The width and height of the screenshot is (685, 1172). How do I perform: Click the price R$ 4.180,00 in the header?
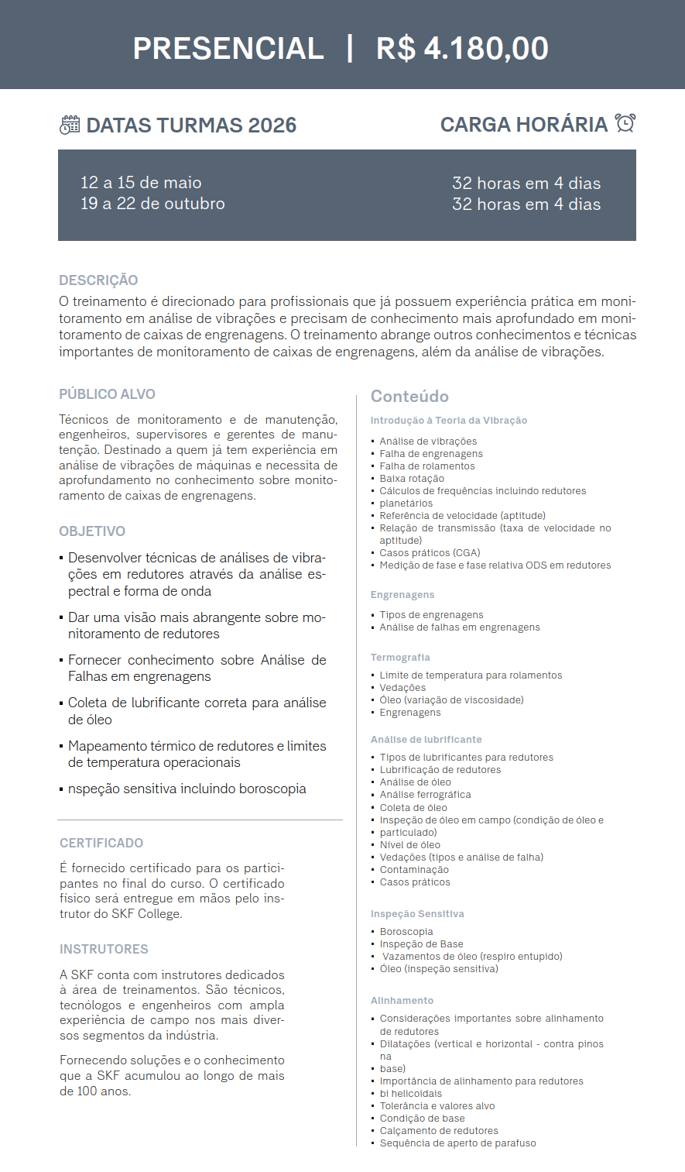pyautogui.click(x=462, y=48)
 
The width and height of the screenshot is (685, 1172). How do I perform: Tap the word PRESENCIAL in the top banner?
pyautogui.click(x=228, y=48)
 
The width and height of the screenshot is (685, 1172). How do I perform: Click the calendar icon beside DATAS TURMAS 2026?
pyautogui.click(x=70, y=125)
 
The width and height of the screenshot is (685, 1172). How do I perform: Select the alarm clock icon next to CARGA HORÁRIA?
pyautogui.click(x=625, y=123)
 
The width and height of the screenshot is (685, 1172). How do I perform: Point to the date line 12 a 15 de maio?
pyautogui.click(x=141, y=183)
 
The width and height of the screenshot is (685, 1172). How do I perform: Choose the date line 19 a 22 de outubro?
pyautogui.click(x=152, y=204)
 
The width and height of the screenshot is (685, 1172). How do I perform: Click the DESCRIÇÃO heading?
pyautogui.click(x=98, y=280)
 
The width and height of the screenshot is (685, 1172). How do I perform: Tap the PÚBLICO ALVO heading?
pyautogui.click(x=107, y=394)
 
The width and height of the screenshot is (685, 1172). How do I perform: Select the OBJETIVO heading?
pyautogui.click(x=92, y=531)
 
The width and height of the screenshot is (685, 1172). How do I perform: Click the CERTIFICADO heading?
pyautogui.click(x=101, y=843)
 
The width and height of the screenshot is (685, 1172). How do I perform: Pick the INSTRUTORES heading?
pyautogui.click(x=104, y=949)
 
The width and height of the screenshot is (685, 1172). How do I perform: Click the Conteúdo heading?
pyautogui.click(x=409, y=397)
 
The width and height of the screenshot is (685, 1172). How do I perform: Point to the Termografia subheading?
pyautogui.click(x=400, y=658)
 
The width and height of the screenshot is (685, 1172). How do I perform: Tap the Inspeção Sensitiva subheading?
pyautogui.click(x=417, y=914)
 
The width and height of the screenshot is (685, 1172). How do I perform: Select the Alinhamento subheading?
pyautogui.click(x=402, y=1001)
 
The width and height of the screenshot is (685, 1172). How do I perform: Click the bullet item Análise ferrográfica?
pyautogui.click(x=425, y=795)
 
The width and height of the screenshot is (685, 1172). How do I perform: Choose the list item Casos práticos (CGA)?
pyautogui.click(x=430, y=553)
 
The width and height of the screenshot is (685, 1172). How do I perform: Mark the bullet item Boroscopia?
pyautogui.click(x=406, y=932)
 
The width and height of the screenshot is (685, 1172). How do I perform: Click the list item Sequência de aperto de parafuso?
pyautogui.click(x=457, y=1143)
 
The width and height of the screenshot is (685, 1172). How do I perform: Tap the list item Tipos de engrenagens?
pyautogui.click(x=431, y=615)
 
